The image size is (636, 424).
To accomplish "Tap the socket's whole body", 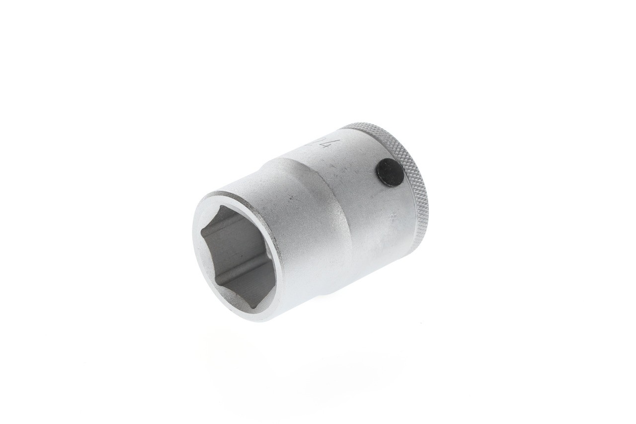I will point(318,219).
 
